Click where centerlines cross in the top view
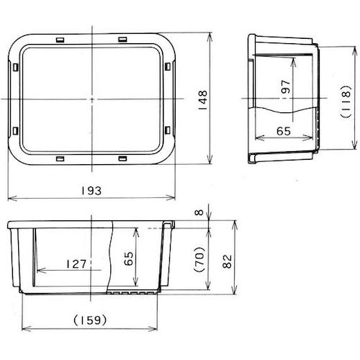93,96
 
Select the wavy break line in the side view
282,112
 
